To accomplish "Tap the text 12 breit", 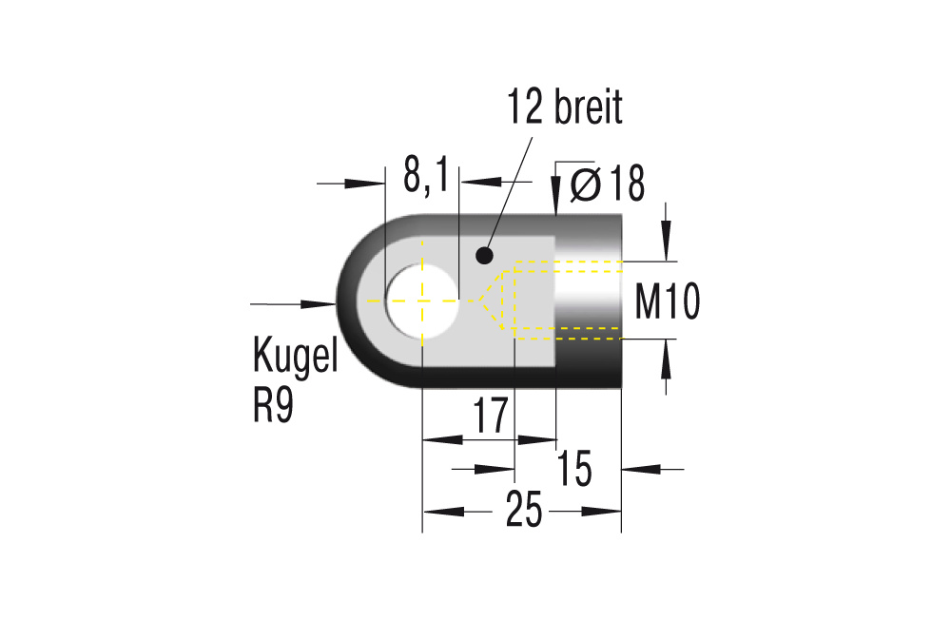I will [x=565, y=108].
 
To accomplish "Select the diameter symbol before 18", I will [x=585, y=184].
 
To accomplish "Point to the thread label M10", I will [x=668, y=303].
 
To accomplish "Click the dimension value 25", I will [x=523, y=513].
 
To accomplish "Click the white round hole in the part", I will [x=421, y=301].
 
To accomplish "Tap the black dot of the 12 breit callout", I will [x=484, y=255].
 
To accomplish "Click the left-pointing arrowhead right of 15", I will [x=638, y=468].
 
